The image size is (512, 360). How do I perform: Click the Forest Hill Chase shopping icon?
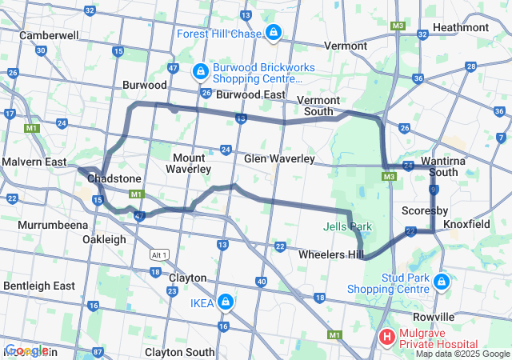pos(274,33)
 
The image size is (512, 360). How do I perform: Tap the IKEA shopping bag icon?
pos(226,302)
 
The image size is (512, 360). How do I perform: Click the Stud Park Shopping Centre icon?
pos(442,282)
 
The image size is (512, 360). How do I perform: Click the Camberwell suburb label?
pos(49,36)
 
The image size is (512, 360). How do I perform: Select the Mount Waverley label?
pos(189,163)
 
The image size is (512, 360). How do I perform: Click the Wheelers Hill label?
pos(330,254)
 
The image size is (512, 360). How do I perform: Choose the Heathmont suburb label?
pos(460,27)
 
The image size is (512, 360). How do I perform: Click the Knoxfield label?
pos(466,225)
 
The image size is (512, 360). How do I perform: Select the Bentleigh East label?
pos(38,286)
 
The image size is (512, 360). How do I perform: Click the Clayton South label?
pos(180,352)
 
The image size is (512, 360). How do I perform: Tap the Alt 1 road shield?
pos(160,254)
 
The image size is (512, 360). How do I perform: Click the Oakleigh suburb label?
pos(104,239)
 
